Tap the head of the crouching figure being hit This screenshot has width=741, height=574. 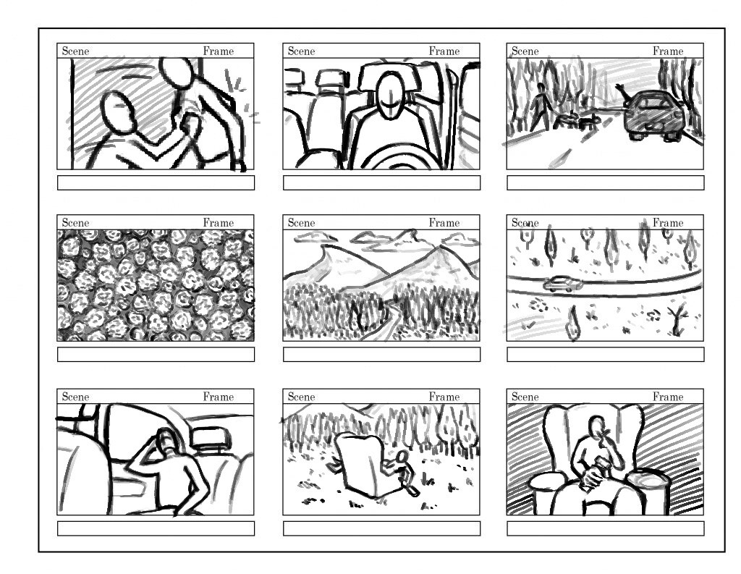(x=118, y=111)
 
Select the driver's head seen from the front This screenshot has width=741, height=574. (x=390, y=96)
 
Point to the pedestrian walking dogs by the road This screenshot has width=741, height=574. (x=540, y=107)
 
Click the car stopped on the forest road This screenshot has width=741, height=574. (x=652, y=115)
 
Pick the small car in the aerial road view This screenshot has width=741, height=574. (x=562, y=284)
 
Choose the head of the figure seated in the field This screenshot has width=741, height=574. (x=402, y=457)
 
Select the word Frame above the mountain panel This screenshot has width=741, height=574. (x=444, y=223)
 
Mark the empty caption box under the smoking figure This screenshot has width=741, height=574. (x=606, y=528)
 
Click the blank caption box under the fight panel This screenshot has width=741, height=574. (x=156, y=183)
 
